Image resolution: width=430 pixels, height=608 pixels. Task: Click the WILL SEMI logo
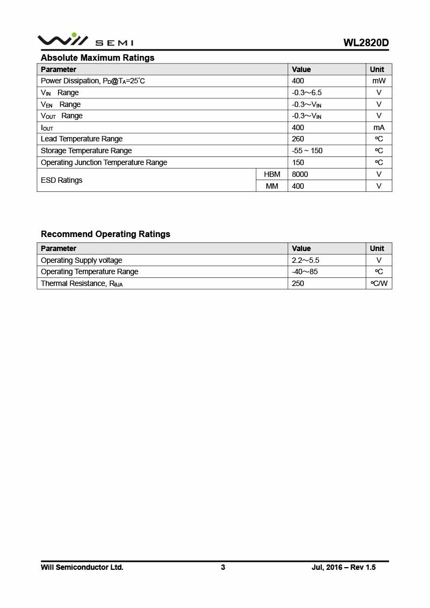click(85, 40)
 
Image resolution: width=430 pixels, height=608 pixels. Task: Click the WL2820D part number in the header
click(366, 43)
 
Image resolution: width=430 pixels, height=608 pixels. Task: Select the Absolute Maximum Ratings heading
click(97, 58)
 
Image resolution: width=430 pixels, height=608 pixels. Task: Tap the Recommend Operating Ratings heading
click(105, 234)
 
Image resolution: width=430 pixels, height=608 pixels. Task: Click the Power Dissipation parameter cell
click(93, 81)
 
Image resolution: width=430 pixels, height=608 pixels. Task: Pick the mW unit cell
click(379, 81)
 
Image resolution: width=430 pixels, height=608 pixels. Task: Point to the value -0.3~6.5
click(307, 92)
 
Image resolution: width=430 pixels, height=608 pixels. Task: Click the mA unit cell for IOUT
click(379, 127)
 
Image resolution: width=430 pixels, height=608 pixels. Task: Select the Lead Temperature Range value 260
click(298, 139)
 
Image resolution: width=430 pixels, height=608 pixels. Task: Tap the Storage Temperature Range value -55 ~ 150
click(307, 151)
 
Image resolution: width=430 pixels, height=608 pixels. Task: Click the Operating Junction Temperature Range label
click(104, 162)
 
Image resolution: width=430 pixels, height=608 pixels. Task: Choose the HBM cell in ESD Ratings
click(272, 174)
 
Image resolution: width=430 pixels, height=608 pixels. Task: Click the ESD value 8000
click(300, 174)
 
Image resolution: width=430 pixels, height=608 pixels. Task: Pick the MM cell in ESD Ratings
click(272, 186)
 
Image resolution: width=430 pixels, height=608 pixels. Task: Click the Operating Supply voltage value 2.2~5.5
click(305, 260)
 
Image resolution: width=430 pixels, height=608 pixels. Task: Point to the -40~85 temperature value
click(305, 271)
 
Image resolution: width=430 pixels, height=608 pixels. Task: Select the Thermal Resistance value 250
click(298, 283)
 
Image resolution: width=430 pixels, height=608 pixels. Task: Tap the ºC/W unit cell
click(379, 283)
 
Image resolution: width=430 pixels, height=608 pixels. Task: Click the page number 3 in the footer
click(223, 567)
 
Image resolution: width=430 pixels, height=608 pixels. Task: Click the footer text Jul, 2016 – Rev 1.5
click(343, 567)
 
